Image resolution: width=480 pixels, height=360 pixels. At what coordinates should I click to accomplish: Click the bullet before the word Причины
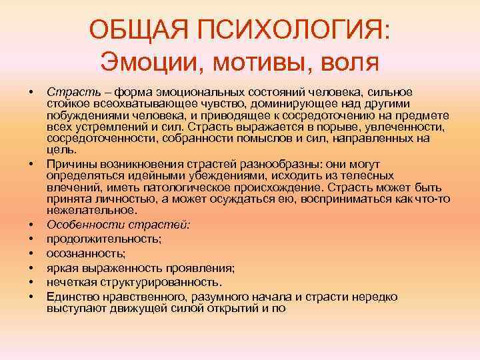pos(31,164)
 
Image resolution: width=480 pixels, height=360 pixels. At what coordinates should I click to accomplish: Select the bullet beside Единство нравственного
pos(31,297)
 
